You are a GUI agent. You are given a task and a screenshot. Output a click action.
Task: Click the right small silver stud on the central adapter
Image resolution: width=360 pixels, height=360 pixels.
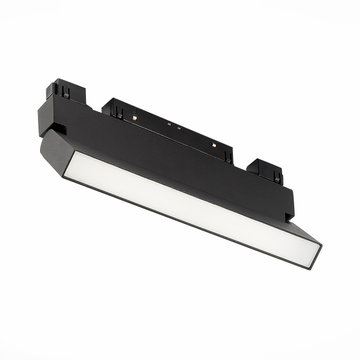point(179,128)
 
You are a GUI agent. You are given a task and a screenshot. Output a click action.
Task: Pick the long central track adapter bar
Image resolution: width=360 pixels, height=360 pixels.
point(170,129)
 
